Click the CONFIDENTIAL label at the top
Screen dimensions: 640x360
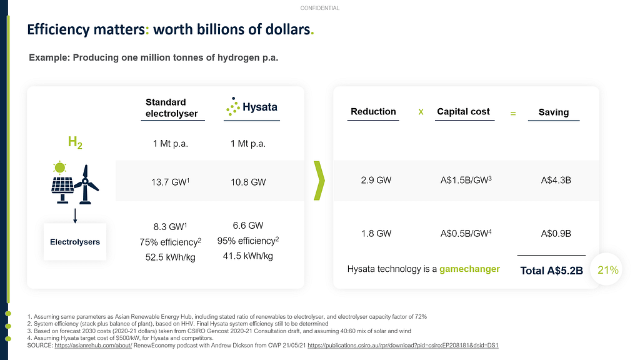click(319, 8)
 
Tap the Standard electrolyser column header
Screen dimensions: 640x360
click(171, 107)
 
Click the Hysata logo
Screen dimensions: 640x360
click(252, 106)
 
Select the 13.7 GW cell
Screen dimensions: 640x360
click(170, 182)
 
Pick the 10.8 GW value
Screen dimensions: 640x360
click(248, 182)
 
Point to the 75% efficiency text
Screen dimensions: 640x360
click(170, 242)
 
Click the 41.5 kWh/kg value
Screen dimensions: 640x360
click(247, 256)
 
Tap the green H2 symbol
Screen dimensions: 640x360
click(75, 142)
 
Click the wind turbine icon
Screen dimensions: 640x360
click(86, 184)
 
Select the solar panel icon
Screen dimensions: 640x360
click(62, 182)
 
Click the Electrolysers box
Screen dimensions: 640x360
click(75, 242)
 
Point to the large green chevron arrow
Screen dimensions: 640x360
click(319, 181)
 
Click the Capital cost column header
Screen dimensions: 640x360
click(463, 111)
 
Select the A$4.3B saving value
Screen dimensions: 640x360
click(556, 181)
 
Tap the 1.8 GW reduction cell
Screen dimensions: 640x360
click(376, 234)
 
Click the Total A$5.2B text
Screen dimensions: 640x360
click(551, 271)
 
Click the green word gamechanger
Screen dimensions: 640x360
click(469, 269)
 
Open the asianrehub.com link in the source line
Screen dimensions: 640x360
click(93, 345)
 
